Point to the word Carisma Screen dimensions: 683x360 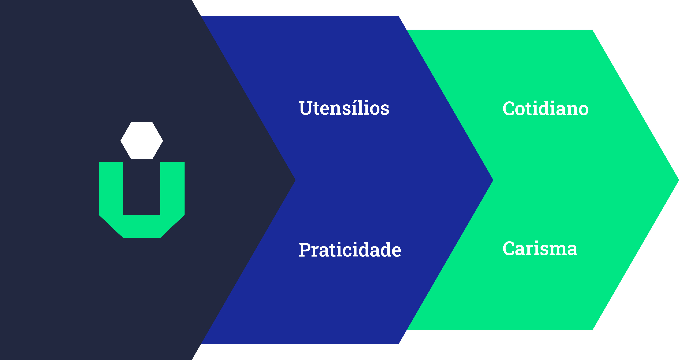(x=540, y=248)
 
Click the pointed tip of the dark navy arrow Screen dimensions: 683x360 (x=295, y=180)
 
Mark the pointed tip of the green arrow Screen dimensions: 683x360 (x=679, y=180)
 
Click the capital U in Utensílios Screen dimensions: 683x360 (x=306, y=108)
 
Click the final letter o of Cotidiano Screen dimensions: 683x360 (x=583, y=111)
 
